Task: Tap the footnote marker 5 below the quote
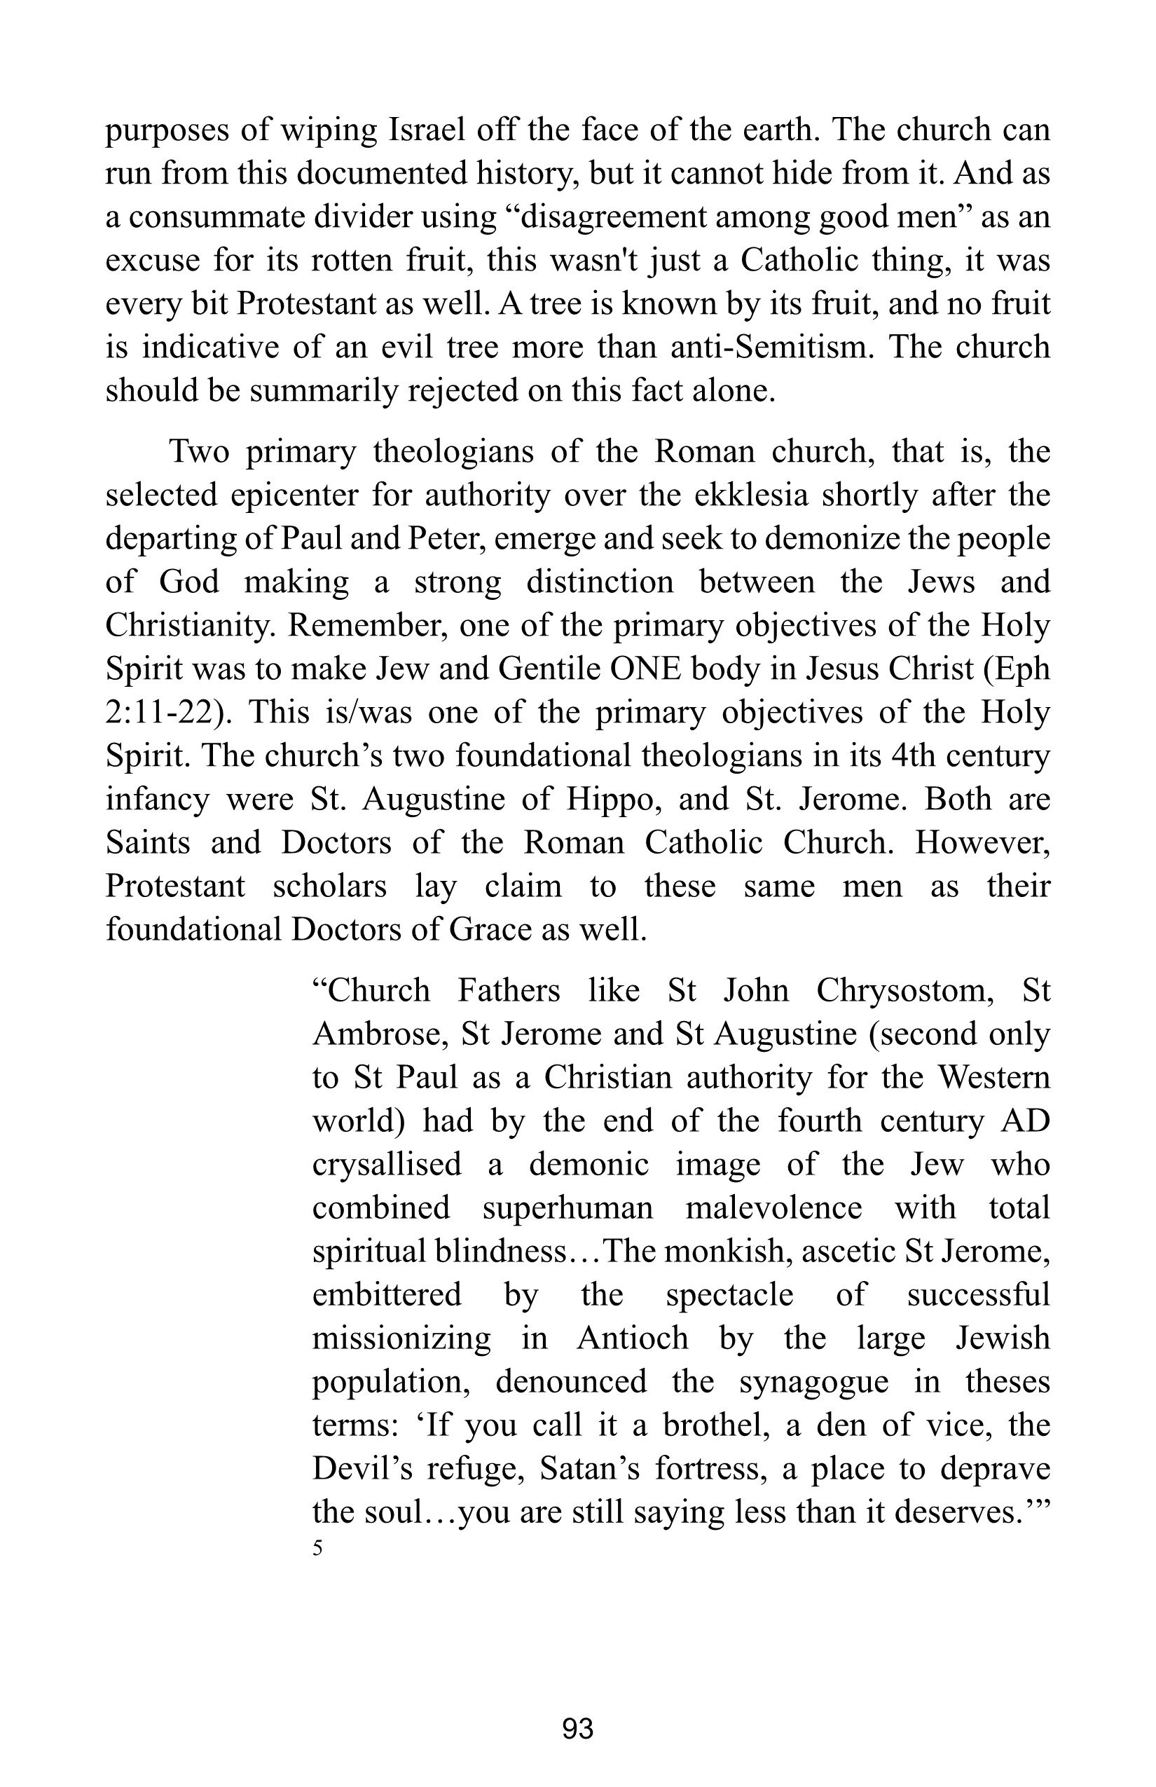pyautogui.click(x=317, y=1548)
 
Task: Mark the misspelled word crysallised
pyautogui.click(x=387, y=1165)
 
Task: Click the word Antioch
pyautogui.click(x=632, y=1338)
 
